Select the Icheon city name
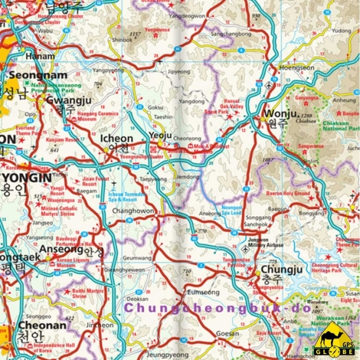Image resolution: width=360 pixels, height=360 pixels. point(116,139)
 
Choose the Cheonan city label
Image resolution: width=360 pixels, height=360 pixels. point(26,325)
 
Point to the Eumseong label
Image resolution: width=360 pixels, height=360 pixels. point(202,292)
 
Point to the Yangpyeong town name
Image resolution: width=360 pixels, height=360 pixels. point(107,69)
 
